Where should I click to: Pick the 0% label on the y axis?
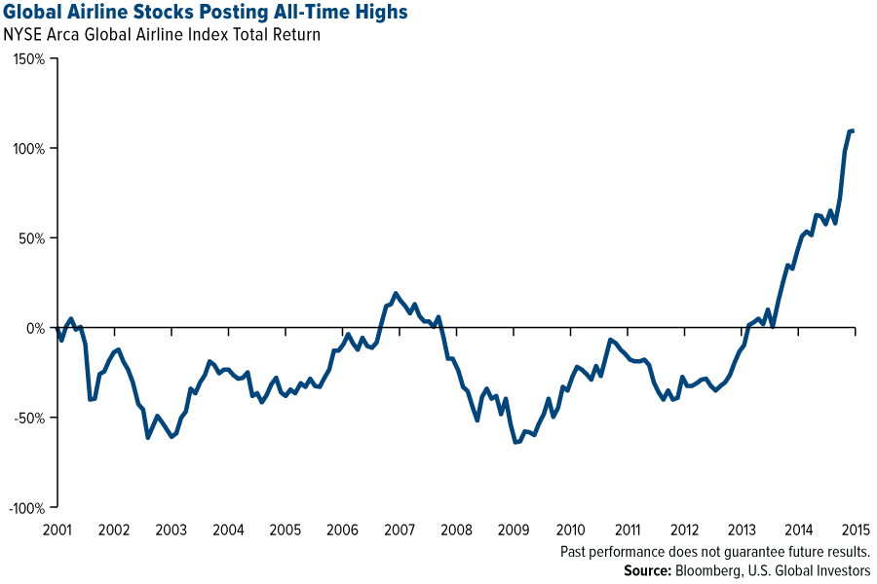[35, 328]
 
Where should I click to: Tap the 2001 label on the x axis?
[57, 530]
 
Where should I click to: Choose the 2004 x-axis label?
[228, 530]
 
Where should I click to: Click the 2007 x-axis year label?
[400, 530]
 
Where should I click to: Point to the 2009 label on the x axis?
[514, 530]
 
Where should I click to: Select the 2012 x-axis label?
[685, 530]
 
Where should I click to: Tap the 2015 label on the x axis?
[855, 530]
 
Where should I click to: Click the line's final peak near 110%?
[852, 130]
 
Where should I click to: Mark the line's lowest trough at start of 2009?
[516, 443]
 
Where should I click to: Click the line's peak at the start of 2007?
[396, 293]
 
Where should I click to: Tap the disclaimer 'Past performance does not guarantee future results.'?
[715, 551]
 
